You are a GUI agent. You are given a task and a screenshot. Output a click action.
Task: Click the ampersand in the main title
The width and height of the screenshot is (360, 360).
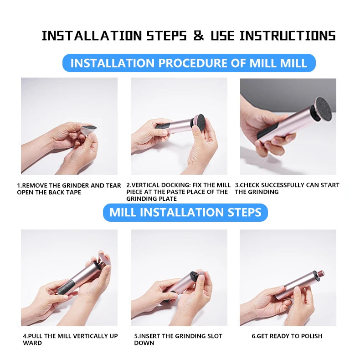[x=199, y=36]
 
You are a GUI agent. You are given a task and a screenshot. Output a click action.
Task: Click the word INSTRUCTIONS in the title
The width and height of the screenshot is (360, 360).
[x=287, y=36]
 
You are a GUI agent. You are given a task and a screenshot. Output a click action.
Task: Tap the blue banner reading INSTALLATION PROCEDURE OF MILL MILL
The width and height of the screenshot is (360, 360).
[x=189, y=63]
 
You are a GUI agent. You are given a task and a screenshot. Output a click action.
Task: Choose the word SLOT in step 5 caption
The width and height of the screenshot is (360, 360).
[x=213, y=336]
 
